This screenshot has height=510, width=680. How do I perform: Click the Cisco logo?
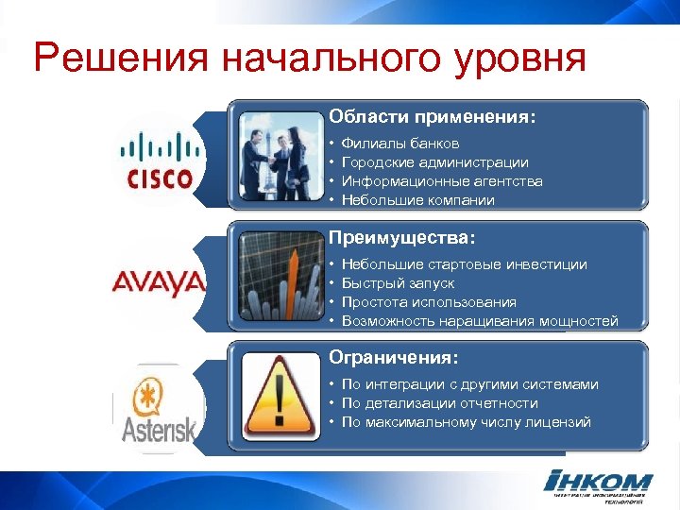coord(159,160)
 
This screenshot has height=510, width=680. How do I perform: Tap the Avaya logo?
coord(159,281)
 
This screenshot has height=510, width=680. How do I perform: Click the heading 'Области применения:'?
coord(432,117)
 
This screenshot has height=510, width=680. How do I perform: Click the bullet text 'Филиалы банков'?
coord(400,144)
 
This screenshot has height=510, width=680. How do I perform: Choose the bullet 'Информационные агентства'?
coord(442,181)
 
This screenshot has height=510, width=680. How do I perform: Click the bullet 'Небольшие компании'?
coord(417,200)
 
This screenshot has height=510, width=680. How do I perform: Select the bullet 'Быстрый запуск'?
coord(398,283)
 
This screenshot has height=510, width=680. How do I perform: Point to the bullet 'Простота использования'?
coord(429,302)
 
